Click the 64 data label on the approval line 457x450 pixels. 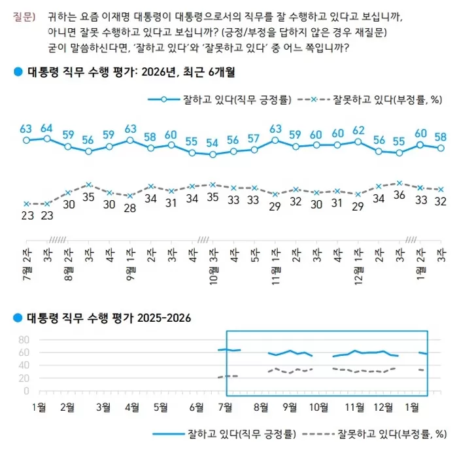(46, 128)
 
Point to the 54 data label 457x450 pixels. (212, 143)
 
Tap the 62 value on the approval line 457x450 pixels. (358, 130)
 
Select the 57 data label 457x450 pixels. (254, 138)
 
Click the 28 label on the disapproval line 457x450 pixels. (129, 207)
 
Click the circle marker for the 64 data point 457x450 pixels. (46, 139)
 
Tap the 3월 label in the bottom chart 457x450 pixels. (103, 407)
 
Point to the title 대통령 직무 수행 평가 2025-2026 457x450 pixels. (108, 319)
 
